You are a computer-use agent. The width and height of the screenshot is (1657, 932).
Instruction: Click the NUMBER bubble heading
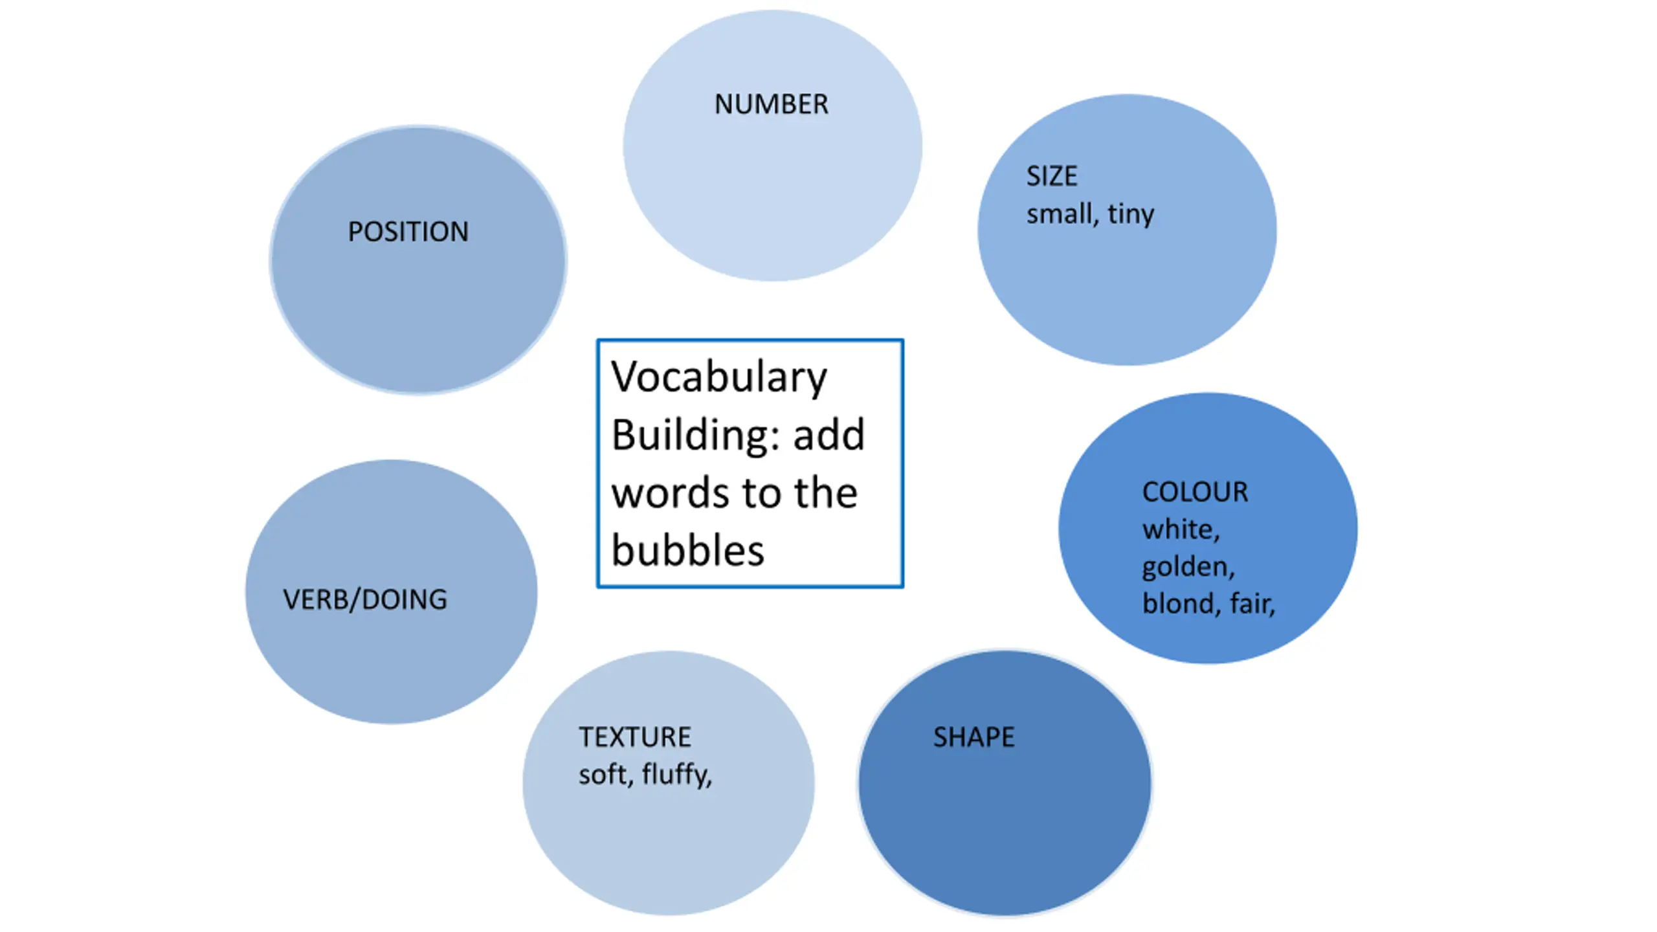point(771,104)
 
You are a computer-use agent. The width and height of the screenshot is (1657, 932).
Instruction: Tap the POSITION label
point(408,232)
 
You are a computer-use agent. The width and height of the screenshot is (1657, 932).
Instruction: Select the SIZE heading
point(1052,176)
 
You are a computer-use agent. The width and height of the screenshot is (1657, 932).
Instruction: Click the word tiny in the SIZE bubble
point(1131,214)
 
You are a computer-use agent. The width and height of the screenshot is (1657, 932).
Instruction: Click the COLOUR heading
point(1195,492)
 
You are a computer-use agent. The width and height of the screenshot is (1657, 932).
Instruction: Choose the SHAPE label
point(973,737)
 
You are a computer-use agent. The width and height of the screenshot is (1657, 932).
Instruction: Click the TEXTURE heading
point(635,737)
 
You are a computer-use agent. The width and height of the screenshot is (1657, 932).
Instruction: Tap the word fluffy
point(677,775)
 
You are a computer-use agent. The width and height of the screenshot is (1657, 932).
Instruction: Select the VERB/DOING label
point(365,599)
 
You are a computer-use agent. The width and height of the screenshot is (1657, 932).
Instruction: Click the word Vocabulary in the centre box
point(719,377)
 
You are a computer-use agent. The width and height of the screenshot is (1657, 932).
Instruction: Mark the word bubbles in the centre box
point(688,550)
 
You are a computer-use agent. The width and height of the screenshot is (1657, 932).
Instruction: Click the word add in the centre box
point(829,435)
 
